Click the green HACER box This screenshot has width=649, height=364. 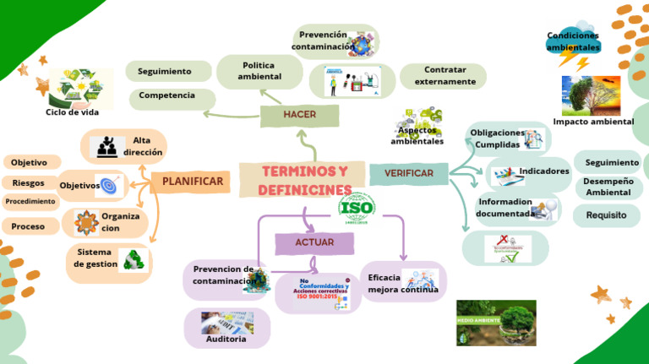click(x=299, y=115)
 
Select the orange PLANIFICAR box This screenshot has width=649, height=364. click(x=193, y=181)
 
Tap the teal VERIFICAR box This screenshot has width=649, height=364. click(x=409, y=173)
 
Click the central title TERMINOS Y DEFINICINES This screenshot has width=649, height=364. click(x=304, y=181)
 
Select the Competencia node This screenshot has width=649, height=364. click(x=167, y=95)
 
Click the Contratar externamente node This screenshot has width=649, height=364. click(x=444, y=76)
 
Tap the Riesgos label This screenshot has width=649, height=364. click(x=29, y=182)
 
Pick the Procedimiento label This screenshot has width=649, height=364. click(x=30, y=202)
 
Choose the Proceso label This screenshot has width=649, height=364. click(x=28, y=226)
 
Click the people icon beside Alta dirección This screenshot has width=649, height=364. click(x=106, y=146)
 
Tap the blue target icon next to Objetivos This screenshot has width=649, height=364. click(x=109, y=185)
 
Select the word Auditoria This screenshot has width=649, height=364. click(x=226, y=339)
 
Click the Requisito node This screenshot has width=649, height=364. click(x=606, y=215)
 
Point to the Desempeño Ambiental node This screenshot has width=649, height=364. click(x=608, y=187)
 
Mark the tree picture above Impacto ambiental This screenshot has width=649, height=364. click(x=591, y=95)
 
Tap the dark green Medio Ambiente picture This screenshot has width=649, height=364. click(x=495, y=322)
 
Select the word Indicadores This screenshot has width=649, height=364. click(x=543, y=171)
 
